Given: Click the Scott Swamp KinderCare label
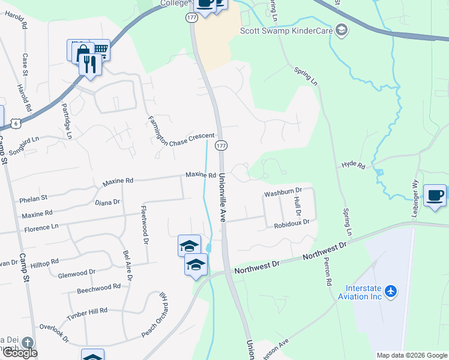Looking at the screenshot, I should point(286,30).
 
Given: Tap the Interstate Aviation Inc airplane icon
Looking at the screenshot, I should point(391,291).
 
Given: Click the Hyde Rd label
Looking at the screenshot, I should point(353,164).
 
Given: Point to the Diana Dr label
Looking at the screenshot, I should point(107,203).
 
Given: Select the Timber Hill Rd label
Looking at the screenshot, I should point(86,311).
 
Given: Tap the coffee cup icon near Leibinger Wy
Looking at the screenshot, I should point(435,194).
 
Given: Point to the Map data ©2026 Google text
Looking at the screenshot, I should point(411,355).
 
